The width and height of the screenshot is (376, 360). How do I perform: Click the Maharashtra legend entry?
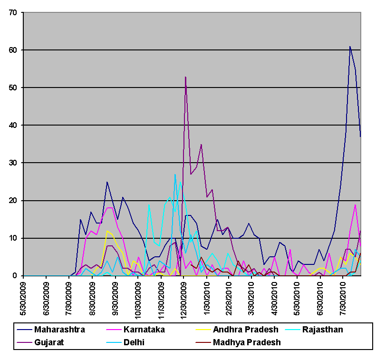(x=58, y=330)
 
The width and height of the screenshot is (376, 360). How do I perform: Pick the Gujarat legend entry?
(x=49, y=342)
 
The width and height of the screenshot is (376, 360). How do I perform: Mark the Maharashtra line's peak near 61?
(x=350, y=47)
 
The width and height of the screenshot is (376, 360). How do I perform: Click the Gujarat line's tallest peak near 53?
(x=185, y=77)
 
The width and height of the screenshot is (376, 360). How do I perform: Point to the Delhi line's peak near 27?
(x=175, y=175)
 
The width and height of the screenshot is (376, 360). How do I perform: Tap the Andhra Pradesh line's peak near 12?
(x=107, y=231)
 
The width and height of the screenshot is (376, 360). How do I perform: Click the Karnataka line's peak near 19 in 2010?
(x=355, y=204)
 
